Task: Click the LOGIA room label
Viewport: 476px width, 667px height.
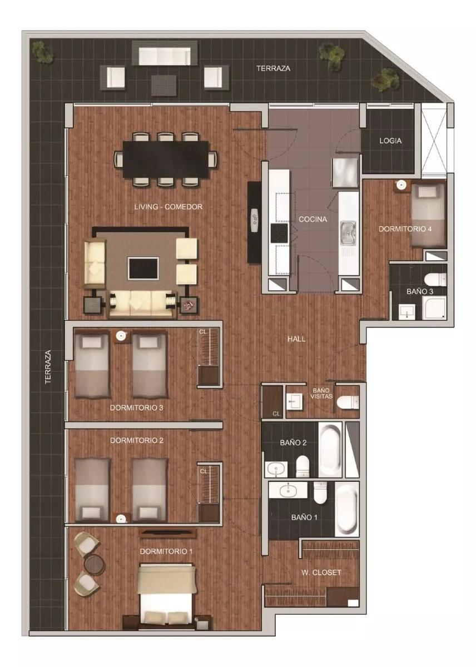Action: tap(390, 141)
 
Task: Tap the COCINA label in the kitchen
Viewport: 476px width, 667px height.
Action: tap(313, 219)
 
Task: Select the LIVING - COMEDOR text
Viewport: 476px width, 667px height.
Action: tap(168, 207)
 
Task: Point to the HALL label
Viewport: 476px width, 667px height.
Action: tap(296, 339)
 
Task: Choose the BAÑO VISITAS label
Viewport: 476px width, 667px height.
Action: tap(323, 394)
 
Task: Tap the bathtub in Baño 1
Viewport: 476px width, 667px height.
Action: tap(346, 508)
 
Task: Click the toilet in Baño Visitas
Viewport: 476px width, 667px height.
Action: tap(348, 401)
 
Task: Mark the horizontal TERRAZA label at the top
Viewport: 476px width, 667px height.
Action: tap(274, 68)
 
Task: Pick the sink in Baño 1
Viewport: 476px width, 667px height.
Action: tap(287, 490)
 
